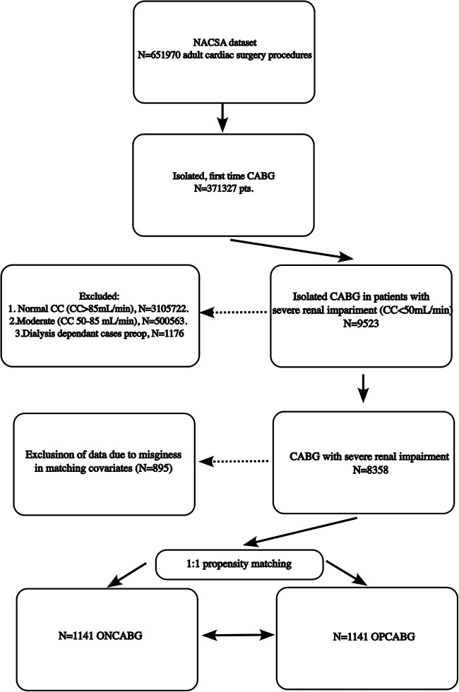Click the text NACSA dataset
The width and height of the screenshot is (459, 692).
[x=225, y=43]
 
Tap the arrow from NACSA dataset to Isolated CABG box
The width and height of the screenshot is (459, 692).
[x=223, y=118]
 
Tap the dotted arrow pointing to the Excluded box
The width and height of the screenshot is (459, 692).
[x=234, y=312]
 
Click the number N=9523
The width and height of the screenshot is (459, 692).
[x=361, y=324]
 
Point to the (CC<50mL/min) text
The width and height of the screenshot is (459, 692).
[x=415, y=310]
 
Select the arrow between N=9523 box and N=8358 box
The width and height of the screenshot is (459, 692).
[x=363, y=389]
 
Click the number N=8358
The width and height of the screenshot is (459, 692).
[x=370, y=470]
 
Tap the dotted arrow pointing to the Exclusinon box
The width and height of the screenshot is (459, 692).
[x=233, y=461]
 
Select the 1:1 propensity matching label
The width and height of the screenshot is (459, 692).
[x=238, y=564]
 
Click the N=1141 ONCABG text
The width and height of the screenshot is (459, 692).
[x=100, y=636]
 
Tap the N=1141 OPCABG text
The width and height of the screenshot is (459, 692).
[x=374, y=636]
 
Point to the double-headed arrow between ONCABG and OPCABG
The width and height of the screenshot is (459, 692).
[x=238, y=635]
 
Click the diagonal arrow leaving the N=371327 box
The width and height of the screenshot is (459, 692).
[x=292, y=250]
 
